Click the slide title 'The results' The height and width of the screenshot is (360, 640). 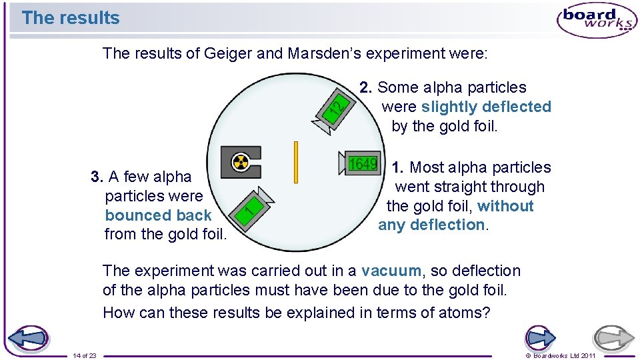(x=70, y=18)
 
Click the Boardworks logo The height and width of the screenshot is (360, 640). (x=596, y=19)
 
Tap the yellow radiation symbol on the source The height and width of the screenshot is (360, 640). (x=240, y=162)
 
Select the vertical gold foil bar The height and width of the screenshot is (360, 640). (x=295, y=163)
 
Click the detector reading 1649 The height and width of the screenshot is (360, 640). (x=363, y=164)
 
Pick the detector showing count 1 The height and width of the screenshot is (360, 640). (x=250, y=207)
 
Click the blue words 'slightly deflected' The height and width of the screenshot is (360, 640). (x=486, y=107)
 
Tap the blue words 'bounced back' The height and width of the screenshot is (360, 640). (x=158, y=215)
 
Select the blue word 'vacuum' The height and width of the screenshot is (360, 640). (x=391, y=271)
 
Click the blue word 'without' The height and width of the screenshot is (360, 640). (x=505, y=206)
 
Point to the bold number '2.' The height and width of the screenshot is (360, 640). (x=366, y=87)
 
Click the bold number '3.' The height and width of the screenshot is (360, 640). (x=97, y=177)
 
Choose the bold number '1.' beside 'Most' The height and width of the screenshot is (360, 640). (x=398, y=167)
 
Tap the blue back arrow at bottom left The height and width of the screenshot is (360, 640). (x=28, y=339)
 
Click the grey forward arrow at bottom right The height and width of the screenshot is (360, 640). (x=614, y=339)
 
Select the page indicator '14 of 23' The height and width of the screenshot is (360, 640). (x=85, y=356)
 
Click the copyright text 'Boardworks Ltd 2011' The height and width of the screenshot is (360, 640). (x=564, y=356)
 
